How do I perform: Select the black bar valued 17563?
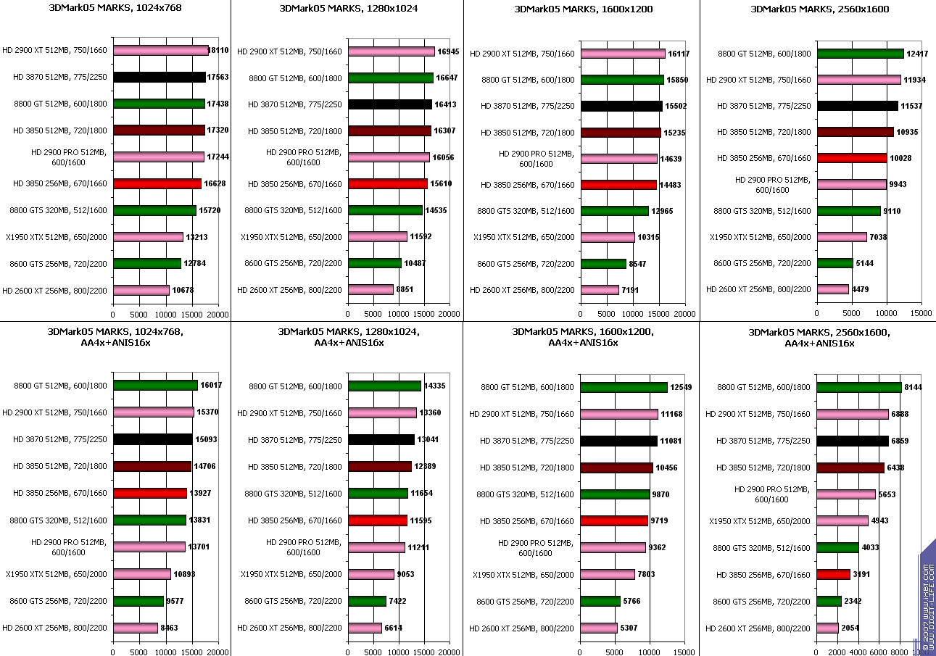pos(160,78)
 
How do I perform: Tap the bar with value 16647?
pos(391,78)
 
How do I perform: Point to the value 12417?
pos(918,53)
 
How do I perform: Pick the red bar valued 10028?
pos(851,158)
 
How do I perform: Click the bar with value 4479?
pos(832,289)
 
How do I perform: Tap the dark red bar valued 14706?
pos(152,467)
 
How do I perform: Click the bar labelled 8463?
pos(136,628)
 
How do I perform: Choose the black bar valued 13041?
pos(381,439)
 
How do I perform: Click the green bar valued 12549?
pos(624,387)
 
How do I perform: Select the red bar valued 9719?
pos(613,520)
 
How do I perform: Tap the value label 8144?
pos(916,387)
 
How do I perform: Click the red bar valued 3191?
pos(833,574)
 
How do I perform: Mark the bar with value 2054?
pos(827,628)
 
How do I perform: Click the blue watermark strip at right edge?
pos(927,594)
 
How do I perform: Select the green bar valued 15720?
pos(154,210)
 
